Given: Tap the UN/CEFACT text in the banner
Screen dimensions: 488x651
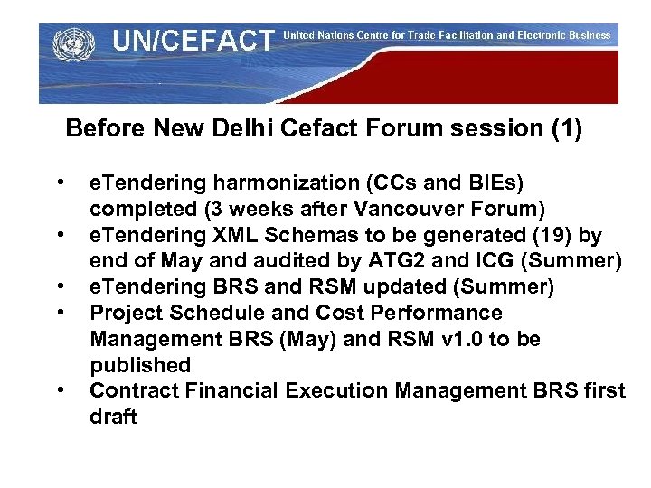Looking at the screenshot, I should click(192, 41).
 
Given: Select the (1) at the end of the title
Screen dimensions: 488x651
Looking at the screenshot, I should click(567, 129).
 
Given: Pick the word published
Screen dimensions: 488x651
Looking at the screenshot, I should click(140, 366).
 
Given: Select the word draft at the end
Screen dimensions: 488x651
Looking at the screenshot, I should click(114, 418).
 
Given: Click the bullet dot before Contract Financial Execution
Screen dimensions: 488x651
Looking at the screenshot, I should click(61, 391).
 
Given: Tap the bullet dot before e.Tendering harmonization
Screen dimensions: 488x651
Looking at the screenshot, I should click(61, 183).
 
